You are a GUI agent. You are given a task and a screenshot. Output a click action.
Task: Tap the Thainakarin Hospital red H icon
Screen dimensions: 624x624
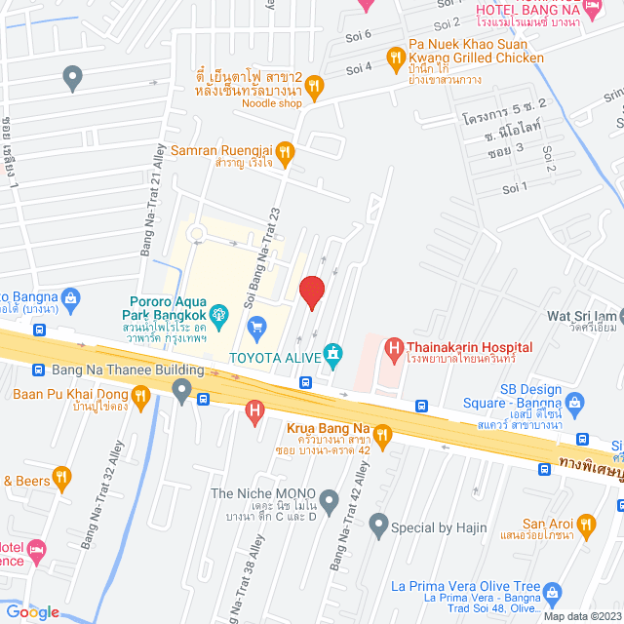tap(394, 347)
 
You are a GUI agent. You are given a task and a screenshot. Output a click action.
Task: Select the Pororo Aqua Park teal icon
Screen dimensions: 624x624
tap(220, 314)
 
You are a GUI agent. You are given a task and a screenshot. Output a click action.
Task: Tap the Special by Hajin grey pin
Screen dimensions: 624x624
tap(377, 527)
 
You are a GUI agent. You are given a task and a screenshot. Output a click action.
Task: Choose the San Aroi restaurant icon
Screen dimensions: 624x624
tap(586, 526)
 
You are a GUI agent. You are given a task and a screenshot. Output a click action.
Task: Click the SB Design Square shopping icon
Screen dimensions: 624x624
tap(575, 401)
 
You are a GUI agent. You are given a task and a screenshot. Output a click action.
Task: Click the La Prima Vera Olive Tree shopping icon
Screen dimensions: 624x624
tap(553, 592)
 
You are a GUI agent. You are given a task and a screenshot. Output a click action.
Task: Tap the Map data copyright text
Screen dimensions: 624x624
tap(582, 616)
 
